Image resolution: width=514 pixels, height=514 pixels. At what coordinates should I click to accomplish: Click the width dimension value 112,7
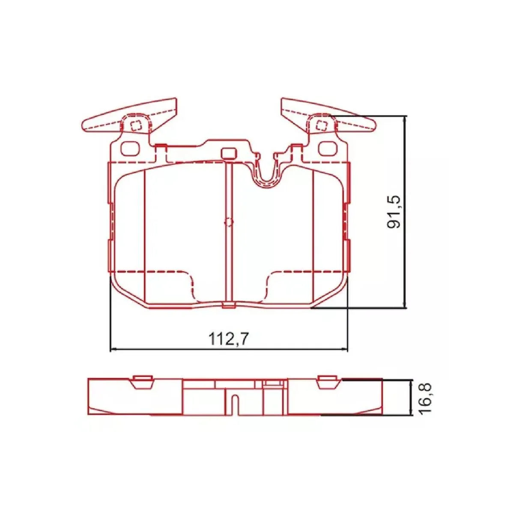click(x=229, y=339)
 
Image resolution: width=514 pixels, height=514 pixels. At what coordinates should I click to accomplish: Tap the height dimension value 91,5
click(x=393, y=211)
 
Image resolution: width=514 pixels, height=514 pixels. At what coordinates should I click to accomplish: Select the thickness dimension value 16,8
click(x=425, y=397)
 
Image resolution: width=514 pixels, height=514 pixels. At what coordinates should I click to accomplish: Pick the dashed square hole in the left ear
click(x=136, y=126)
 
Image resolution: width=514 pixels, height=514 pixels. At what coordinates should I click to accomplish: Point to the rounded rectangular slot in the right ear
click(x=327, y=148)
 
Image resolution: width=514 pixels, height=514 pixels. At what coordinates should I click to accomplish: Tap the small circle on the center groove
click(x=228, y=222)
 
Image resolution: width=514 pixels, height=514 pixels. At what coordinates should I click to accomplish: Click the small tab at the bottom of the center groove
click(x=228, y=305)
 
